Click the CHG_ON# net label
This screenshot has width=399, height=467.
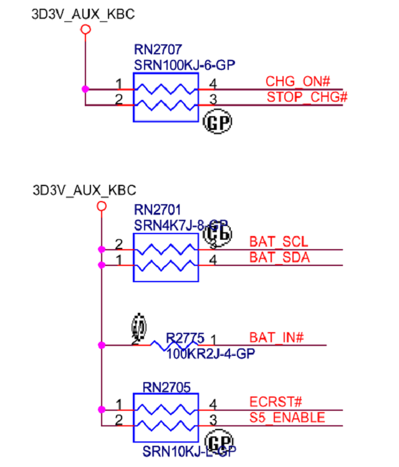(x=297, y=81)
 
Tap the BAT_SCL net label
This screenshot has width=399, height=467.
(x=279, y=241)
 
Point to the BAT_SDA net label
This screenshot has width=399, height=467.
(x=279, y=257)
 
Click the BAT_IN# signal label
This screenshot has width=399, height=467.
(x=276, y=338)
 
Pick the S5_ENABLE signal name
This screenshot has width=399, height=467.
(x=287, y=417)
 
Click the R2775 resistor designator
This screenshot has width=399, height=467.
(x=185, y=338)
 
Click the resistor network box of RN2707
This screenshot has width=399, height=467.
(x=165, y=97)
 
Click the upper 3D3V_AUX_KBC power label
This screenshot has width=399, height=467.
(x=83, y=14)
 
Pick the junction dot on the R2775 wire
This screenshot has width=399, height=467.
(x=102, y=345)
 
